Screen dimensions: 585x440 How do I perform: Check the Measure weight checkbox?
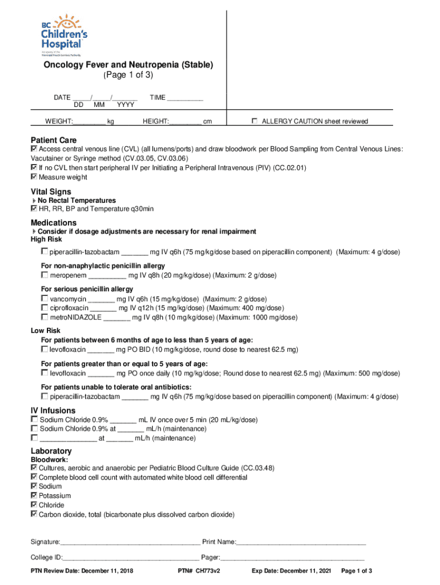pos(34,177)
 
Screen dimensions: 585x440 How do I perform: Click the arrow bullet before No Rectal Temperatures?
pos(34,201)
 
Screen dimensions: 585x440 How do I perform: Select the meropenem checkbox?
pos(45,275)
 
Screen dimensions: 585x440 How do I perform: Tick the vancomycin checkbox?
pos(45,298)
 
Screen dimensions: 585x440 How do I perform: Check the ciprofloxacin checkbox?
pos(45,307)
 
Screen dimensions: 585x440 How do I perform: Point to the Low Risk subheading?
pos(45,331)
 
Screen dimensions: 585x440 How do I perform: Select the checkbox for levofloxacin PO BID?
pos(45,348)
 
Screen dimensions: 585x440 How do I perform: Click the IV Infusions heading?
pos(53,410)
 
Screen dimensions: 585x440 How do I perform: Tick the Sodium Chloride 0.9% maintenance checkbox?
pos(34,428)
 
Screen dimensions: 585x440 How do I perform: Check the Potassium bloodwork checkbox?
pos(34,495)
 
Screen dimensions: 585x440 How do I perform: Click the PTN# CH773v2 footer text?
pos(199,571)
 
